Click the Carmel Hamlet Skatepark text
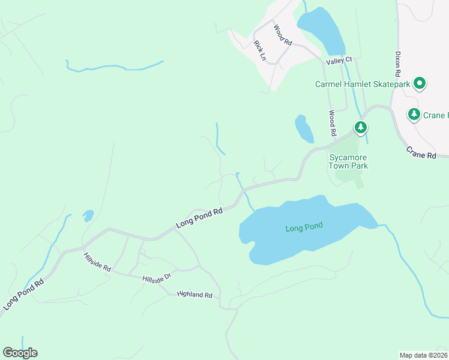363,85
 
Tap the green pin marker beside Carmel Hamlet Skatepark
420,83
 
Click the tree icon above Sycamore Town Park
360,127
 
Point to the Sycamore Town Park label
348,161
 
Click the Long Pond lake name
304,227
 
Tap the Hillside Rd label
97,262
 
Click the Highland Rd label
195,295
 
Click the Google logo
20,353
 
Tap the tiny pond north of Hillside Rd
88,214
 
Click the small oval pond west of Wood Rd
304,129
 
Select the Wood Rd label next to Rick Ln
282,35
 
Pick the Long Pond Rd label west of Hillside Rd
23,293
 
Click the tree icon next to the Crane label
414,114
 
